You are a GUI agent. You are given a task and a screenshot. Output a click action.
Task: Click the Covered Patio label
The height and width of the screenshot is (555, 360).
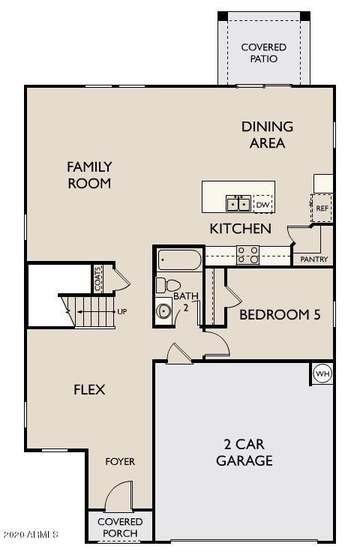(263, 52)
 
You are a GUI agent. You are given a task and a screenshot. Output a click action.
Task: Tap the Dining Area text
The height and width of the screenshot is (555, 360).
(267, 135)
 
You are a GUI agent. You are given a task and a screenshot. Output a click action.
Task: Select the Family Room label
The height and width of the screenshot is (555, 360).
(89, 175)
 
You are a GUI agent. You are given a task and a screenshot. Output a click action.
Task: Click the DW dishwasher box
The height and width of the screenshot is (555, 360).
(262, 204)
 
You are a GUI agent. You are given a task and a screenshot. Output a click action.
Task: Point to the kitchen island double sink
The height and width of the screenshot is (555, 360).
(239, 203)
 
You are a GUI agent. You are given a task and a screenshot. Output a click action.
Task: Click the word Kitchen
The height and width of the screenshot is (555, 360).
(240, 229)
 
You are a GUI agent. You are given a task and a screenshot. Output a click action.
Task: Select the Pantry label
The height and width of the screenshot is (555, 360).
(313, 259)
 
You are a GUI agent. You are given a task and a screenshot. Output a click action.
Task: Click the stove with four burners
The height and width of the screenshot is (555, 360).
(248, 256)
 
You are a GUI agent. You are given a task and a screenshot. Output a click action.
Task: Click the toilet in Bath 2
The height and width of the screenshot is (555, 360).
(168, 286)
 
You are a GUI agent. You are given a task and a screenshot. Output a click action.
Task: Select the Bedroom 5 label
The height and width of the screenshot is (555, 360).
(280, 315)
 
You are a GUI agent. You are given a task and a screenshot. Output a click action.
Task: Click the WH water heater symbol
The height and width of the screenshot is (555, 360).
(322, 373)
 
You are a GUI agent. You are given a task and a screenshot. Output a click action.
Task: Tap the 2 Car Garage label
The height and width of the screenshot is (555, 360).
(244, 452)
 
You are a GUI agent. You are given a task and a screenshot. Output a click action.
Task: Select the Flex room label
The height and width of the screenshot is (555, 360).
(88, 390)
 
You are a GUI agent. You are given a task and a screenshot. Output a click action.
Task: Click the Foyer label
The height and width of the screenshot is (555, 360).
(119, 461)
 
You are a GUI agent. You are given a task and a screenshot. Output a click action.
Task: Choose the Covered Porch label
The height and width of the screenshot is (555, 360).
(119, 527)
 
